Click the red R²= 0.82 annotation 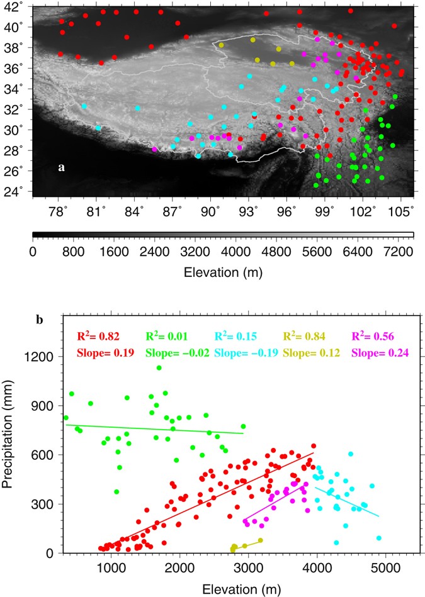[98, 337]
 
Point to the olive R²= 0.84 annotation [305, 337]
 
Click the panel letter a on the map [61, 167]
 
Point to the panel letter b [40, 320]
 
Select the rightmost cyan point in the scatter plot [378, 538]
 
